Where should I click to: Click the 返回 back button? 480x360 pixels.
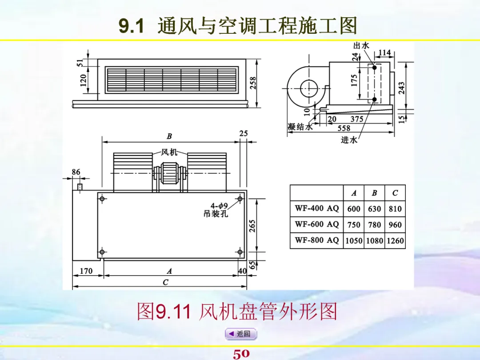(x=240, y=334)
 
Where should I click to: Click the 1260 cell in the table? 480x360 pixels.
(x=395, y=241)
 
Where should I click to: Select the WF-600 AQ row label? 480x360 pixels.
(x=316, y=224)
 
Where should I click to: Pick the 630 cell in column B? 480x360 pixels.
(x=374, y=208)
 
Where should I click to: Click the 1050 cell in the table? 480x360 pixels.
(x=354, y=241)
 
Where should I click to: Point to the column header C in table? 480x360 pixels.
(x=395, y=193)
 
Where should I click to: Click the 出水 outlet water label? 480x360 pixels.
(x=361, y=45)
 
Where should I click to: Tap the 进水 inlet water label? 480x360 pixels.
(x=349, y=140)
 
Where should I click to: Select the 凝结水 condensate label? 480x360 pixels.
(x=300, y=127)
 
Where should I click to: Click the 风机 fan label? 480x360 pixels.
(x=169, y=152)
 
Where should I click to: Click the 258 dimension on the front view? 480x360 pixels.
(x=253, y=83)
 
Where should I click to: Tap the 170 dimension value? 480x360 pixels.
(x=86, y=271)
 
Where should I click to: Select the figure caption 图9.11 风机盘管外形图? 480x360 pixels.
(x=237, y=312)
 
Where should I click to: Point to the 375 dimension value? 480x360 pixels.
(x=357, y=119)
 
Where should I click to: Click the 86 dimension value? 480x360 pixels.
(x=76, y=172)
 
